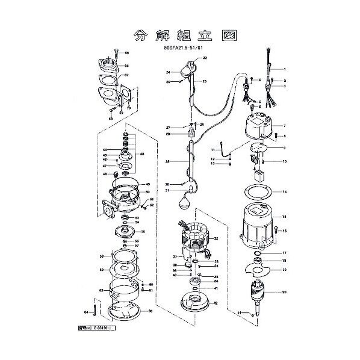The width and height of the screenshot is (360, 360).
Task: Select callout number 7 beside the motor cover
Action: coord(284,126)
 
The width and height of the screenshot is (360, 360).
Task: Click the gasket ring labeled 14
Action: coord(259,192)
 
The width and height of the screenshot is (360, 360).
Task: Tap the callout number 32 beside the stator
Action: coord(216,238)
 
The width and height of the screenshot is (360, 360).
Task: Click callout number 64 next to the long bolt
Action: coord(86,312)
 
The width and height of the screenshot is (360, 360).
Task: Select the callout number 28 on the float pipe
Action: coord(167,162)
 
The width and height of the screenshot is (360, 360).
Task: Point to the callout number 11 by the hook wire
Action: coord(213,149)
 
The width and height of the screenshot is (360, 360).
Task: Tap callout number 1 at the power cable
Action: coord(284,69)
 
